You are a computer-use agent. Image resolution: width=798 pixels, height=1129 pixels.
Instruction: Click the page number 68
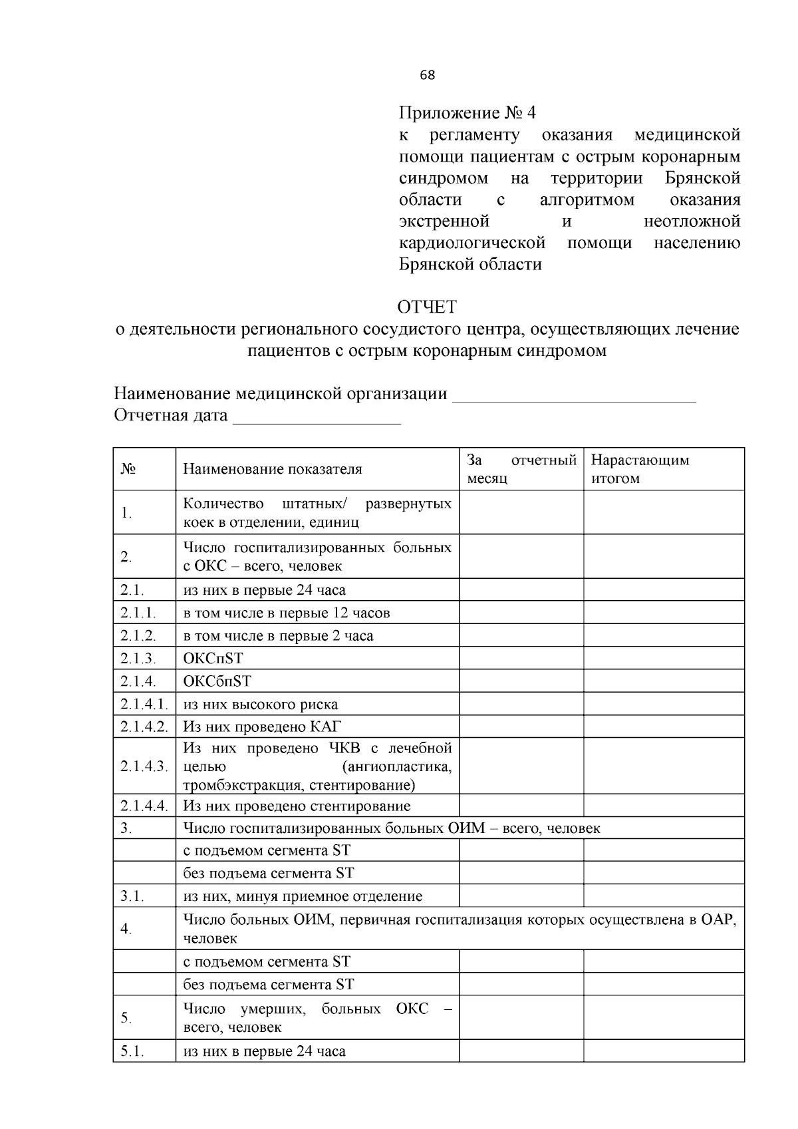pos(428,75)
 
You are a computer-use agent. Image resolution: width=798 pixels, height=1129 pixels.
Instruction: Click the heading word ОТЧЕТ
pos(427,307)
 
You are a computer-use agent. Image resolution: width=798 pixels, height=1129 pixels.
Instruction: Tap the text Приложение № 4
pos(467,113)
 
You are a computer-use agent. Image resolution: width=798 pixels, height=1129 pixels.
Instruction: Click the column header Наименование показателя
pos(273,469)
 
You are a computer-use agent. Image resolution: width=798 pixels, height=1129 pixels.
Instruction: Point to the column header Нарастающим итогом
pos(640,469)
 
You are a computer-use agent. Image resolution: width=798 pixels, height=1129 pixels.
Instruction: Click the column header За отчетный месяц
pos(521,469)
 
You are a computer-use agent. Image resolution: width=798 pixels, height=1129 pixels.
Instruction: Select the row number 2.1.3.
pos(138,659)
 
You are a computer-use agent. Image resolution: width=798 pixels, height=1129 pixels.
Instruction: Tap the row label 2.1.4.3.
pos(144,766)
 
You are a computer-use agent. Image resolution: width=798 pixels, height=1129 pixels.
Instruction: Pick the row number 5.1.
pos(132,1051)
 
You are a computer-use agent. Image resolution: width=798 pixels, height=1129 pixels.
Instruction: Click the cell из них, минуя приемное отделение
pos(303,896)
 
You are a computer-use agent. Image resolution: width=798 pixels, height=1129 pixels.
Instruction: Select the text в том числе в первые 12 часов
pos(287,613)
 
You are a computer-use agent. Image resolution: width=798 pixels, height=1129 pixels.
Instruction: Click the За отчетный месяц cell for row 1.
pos(521,512)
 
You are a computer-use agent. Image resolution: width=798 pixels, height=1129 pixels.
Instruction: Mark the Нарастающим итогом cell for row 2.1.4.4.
pos(663,806)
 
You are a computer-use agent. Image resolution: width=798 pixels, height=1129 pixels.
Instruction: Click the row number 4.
pos(126,929)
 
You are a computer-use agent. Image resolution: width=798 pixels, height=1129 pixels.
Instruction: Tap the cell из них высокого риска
pos(261,704)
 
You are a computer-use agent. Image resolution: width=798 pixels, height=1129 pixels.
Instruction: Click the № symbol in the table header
pos(128,469)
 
